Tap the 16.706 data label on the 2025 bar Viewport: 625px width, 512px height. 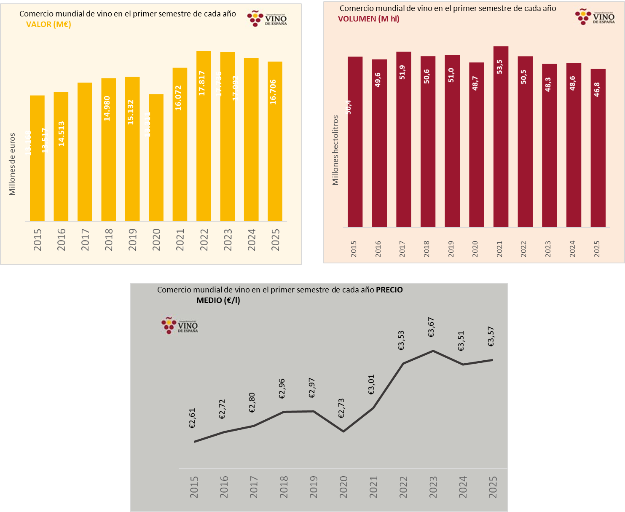coord(273,92)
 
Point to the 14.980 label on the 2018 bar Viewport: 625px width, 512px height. coord(107,108)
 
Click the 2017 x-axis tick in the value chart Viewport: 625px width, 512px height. coord(85,240)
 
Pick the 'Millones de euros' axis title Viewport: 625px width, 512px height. coord(12,164)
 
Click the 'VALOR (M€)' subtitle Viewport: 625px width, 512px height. coord(48,24)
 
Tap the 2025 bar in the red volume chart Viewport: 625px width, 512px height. coord(598,152)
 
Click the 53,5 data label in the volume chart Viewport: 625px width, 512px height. coord(500,67)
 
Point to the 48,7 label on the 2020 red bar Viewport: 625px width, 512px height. coord(476,83)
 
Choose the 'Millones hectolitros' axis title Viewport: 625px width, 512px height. coord(335,150)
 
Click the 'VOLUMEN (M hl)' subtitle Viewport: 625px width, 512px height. coord(369,19)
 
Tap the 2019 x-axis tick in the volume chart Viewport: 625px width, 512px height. coord(451,249)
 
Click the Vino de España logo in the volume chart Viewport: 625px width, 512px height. coord(595,17)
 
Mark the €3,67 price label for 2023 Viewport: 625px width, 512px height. coord(432,327)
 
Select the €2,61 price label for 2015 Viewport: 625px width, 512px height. coord(193,418)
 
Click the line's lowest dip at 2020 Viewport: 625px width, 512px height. coord(343,431)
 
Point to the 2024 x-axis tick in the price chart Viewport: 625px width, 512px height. coord(463,487)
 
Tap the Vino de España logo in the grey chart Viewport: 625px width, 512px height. coord(180,326)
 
